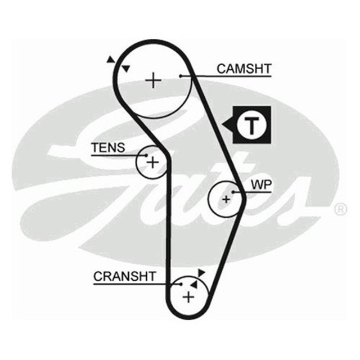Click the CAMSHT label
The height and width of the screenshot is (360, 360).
[244, 69]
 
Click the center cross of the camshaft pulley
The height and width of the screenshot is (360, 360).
[153, 81]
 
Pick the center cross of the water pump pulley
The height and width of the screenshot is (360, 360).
[226, 199]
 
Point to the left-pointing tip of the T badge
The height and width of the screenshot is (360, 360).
[224, 123]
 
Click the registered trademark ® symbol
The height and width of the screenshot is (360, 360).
[341, 210]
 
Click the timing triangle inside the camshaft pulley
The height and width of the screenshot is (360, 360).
[127, 69]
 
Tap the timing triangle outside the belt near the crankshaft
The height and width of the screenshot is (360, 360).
[201, 272]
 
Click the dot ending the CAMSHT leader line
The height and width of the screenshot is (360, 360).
[181, 76]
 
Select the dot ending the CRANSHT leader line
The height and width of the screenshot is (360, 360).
[181, 284]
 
